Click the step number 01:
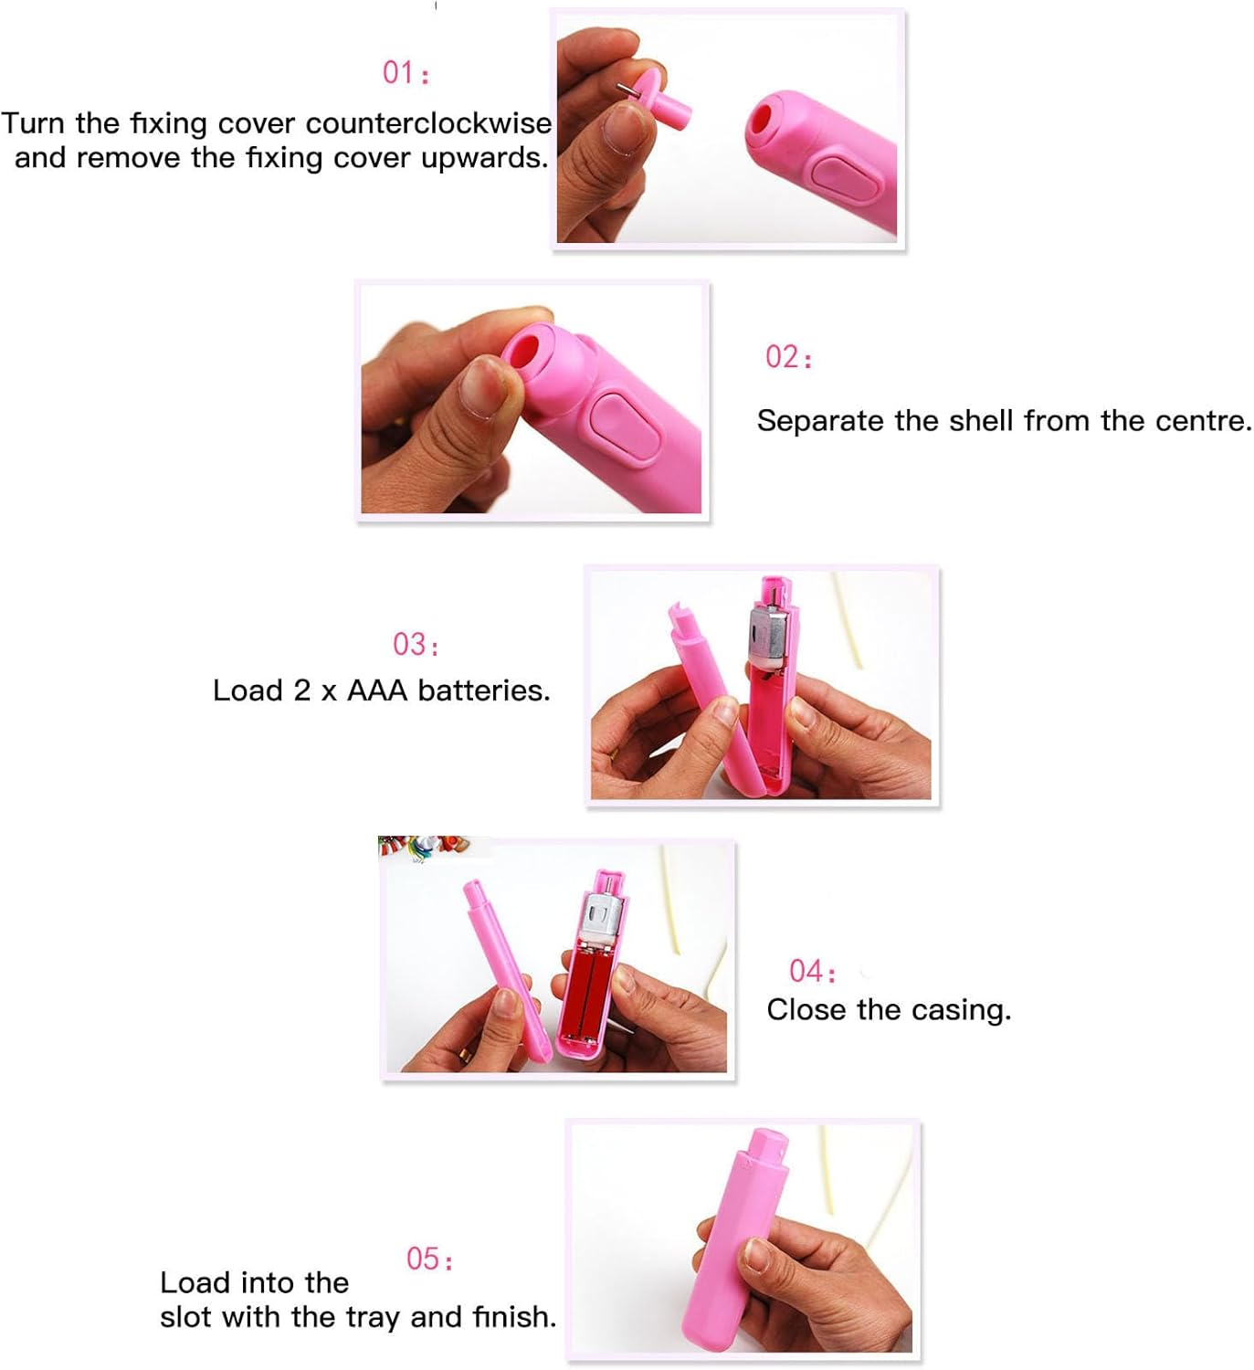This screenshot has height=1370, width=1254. click(406, 72)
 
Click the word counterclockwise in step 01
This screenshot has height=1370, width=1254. click(428, 122)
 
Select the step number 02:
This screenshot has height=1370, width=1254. click(788, 356)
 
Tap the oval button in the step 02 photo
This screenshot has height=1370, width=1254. click(626, 423)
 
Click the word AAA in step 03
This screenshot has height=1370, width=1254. click(377, 690)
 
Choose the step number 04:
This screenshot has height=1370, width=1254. click(812, 970)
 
